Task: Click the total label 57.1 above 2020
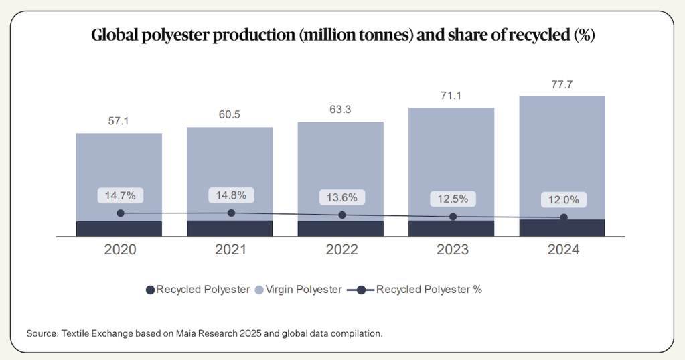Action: coord(119,122)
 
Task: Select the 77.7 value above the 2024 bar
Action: coord(562,85)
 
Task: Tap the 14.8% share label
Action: coord(231,195)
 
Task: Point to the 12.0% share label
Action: coord(563,200)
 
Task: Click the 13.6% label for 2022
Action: coord(341,197)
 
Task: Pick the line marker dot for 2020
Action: coord(121,213)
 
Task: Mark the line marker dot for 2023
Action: coord(453,217)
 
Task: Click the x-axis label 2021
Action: coord(231,250)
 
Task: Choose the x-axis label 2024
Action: coord(563,250)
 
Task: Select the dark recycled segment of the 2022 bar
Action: coord(341,229)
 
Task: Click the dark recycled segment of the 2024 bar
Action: coord(562,228)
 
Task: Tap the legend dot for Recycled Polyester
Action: coord(149,290)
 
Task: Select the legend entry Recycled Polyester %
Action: coord(429,290)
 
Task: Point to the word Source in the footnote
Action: coord(41,333)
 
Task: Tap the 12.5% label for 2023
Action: coord(453,199)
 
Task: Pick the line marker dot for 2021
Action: coord(232,213)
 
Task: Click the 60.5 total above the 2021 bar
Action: coord(230,115)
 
